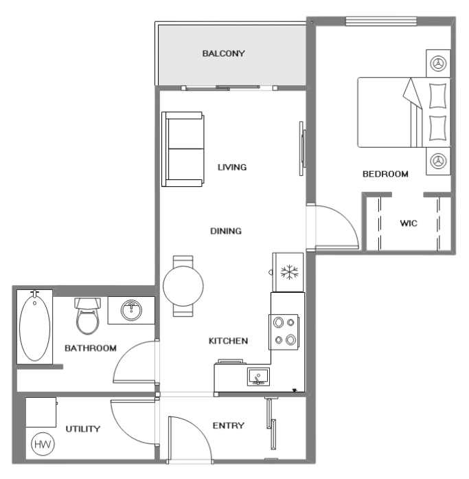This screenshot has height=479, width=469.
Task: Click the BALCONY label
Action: tap(223, 54)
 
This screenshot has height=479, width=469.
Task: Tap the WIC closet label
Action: tap(409, 223)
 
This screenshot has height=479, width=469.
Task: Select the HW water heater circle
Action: tap(43, 444)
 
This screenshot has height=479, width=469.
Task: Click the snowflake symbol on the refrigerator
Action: tap(289, 272)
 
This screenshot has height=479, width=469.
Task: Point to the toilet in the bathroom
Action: tap(88, 315)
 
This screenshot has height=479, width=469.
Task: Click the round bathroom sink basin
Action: tap(131, 310)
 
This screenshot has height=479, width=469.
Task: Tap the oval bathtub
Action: tap(34, 327)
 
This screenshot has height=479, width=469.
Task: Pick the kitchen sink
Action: tap(258, 377)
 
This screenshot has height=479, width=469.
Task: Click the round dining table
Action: tap(183, 287)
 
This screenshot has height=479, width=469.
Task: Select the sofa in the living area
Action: tap(183, 149)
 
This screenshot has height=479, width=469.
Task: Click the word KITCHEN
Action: tap(228, 341)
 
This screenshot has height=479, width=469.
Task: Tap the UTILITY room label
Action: tap(82, 429)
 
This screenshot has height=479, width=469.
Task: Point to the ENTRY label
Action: tap(228, 425)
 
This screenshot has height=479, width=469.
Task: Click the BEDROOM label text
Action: tap(385, 174)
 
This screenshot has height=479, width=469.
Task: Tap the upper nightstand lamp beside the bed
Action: tap(438, 63)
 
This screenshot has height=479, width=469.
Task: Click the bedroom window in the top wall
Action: tap(381, 21)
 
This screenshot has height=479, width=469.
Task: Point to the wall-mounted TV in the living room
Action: tap(302, 148)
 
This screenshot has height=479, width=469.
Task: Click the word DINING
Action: tap(226, 231)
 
